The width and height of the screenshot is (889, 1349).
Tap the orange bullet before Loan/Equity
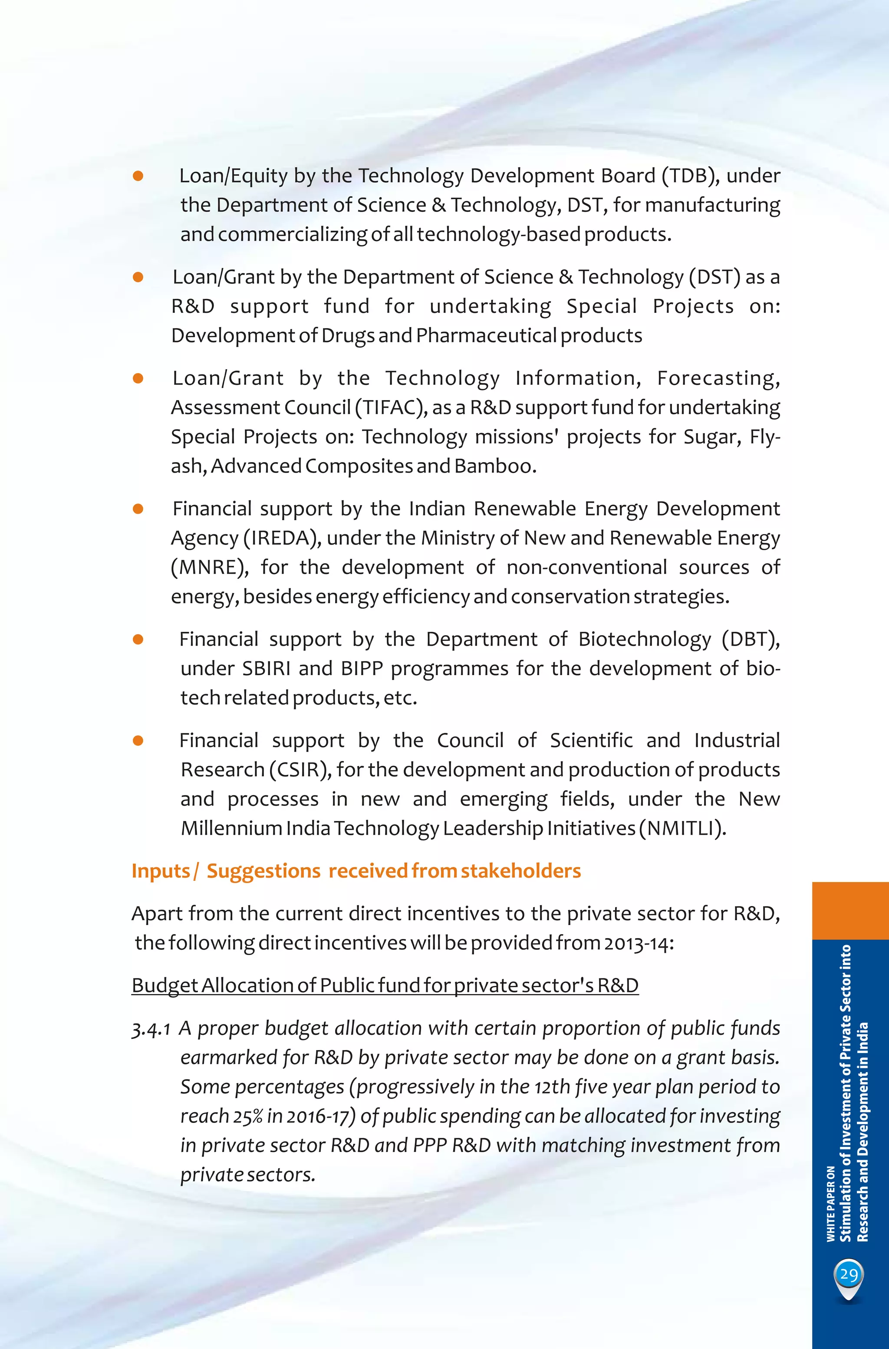pos(138,176)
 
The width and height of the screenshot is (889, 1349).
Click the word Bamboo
pos(494,466)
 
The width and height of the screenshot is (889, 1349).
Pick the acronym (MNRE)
pos(209,568)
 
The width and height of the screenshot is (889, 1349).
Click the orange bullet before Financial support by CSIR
pos(138,741)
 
